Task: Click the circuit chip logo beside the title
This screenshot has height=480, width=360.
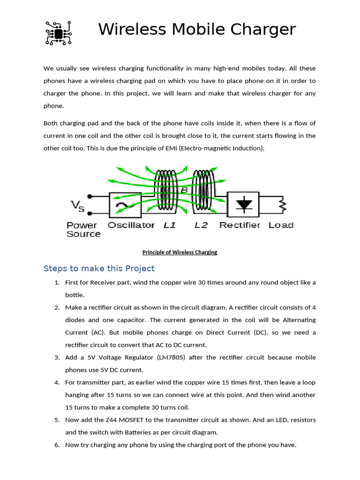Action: coord(58,33)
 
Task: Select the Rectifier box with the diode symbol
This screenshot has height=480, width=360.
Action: coord(242,204)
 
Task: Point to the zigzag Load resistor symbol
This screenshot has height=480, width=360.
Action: coord(282,204)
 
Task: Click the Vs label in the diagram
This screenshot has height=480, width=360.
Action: coord(78,205)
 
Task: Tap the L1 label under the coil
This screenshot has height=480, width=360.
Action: coord(169,225)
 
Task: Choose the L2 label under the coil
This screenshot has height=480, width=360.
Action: coord(201,225)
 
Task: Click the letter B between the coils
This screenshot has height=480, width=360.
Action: coord(184,190)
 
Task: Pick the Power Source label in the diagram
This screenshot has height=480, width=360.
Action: coord(83,229)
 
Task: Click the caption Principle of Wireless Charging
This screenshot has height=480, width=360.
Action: coord(180,252)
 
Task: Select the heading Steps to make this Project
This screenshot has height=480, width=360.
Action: coord(99,269)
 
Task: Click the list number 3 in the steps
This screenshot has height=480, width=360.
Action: coord(57,357)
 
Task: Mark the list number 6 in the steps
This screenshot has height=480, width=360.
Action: coord(57,444)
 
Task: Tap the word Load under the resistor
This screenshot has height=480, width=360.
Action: coord(281,225)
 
